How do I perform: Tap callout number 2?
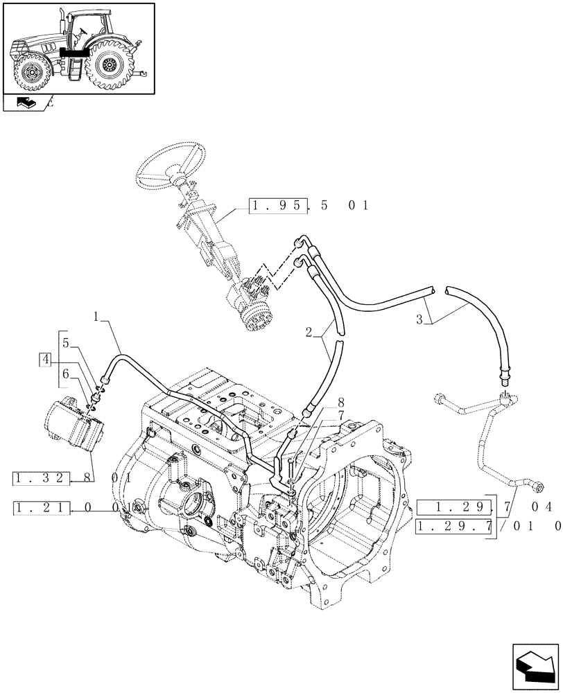[308, 331]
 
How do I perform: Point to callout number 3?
[419, 319]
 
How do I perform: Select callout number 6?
[66, 374]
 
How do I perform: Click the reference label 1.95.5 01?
[309, 205]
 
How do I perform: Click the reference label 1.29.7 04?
[485, 507]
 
